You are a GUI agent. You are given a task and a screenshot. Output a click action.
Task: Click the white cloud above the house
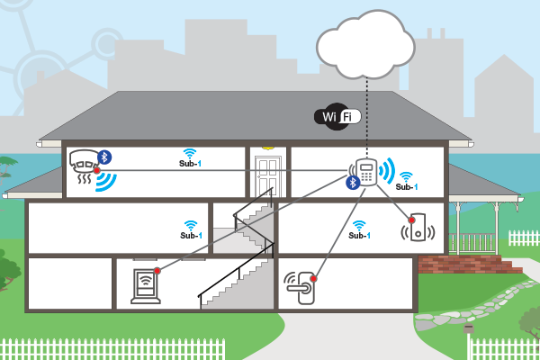coord(365,44)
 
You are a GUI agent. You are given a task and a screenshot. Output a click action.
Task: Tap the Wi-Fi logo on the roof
coord(338,116)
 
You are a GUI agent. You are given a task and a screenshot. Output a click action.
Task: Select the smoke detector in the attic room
coord(85,162)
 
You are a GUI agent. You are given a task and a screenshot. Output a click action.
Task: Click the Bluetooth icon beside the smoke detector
coord(104,157)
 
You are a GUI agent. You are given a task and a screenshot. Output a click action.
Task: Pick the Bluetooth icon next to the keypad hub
coord(354,183)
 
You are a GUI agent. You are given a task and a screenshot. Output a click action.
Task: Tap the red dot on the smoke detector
coord(96,170)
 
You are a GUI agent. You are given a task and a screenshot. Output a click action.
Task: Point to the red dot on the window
coord(157,268)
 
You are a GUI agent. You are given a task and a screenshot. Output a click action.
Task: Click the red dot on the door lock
coord(313,281)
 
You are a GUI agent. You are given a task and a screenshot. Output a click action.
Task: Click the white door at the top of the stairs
coord(267,175)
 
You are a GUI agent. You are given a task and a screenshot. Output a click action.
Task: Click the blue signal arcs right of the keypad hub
coord(387,170)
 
